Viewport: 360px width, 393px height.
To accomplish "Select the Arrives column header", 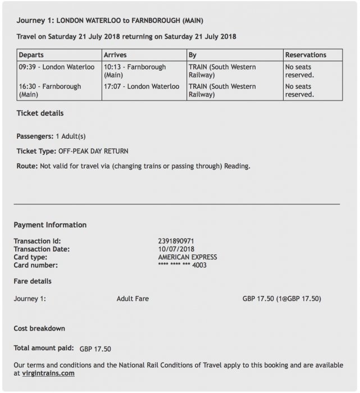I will point(115,55).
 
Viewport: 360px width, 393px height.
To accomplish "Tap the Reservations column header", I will point(306,55).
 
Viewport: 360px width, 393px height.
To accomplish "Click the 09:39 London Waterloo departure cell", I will point(56,67).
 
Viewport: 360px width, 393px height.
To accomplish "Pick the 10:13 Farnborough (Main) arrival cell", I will point(135,71).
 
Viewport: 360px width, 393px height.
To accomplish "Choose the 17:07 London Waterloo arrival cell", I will point(142,87).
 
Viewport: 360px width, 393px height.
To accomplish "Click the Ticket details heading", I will point(40,113).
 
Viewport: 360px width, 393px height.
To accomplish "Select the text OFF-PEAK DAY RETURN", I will point(93,152).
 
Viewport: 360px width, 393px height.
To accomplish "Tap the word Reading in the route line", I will point(238,167).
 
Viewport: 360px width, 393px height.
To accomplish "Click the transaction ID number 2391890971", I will point(176,241).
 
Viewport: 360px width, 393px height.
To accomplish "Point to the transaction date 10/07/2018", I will point(176,249).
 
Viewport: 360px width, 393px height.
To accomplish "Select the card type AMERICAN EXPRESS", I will point(188,257).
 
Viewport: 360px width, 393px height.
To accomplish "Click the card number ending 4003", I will point(183,266).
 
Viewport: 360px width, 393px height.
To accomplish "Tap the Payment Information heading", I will point(50,225).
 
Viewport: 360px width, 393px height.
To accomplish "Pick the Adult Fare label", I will point(133,299).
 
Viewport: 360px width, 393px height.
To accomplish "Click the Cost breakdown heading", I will point(39,328).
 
